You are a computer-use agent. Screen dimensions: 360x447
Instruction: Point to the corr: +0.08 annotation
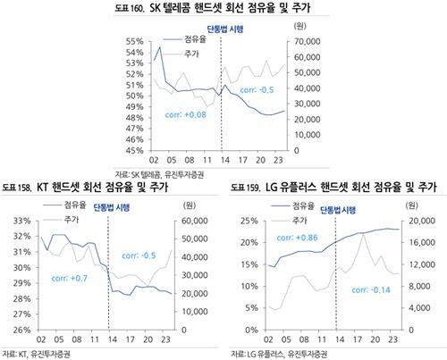[x=185, y=114]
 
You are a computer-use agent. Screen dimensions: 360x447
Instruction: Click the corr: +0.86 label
[x=275, y=239]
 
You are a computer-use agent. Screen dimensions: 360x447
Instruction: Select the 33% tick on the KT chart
[x=18, y=221]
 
